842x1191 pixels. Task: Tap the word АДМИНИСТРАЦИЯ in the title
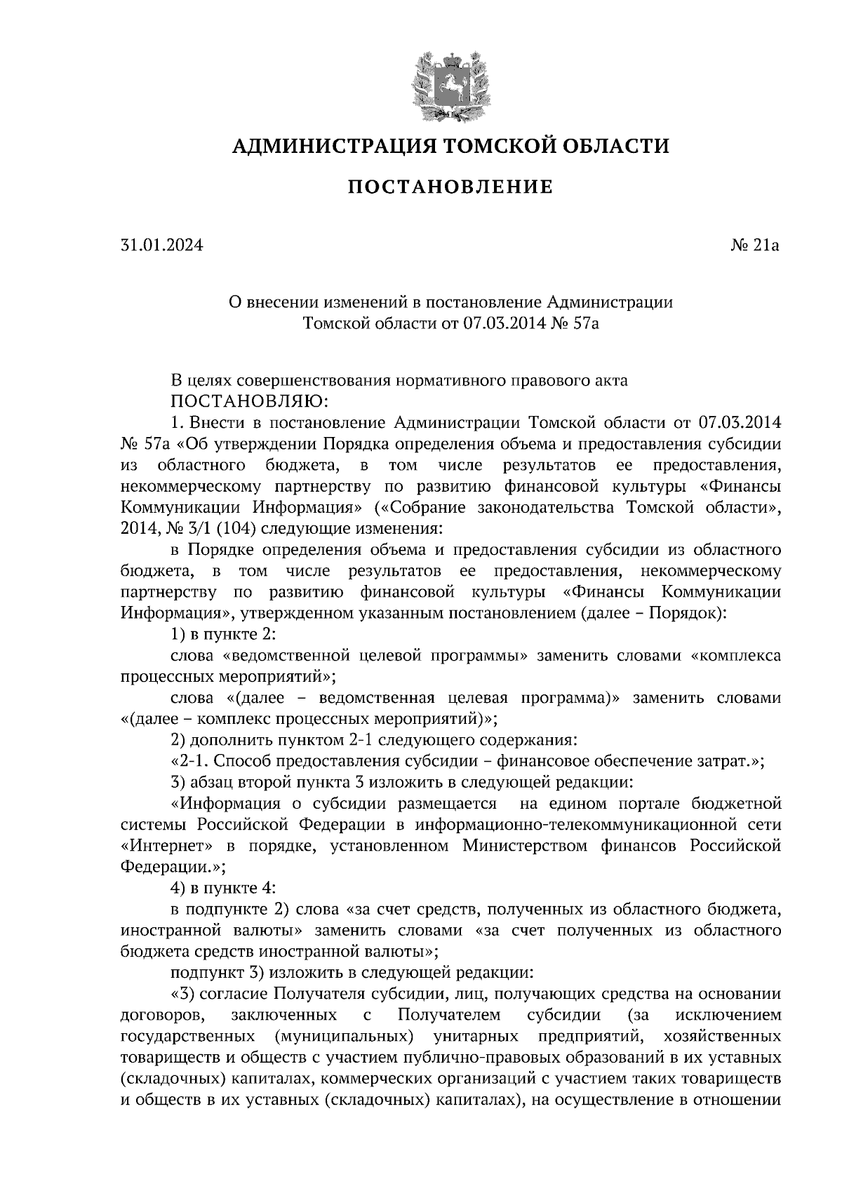click(x=329, y=147)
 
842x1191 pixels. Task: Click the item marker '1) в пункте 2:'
click(x=222, y=634)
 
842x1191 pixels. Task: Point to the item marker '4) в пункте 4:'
click(x=222, y=888)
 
